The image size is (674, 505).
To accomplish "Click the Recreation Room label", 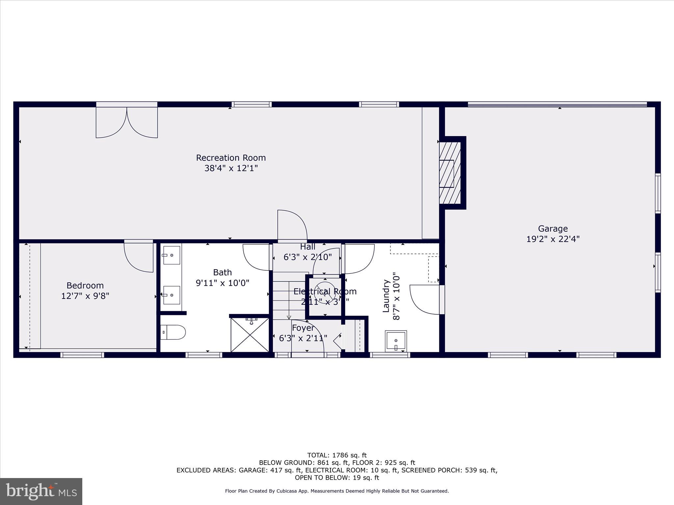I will (x=231, y=158).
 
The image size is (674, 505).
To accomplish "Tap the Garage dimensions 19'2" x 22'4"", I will (x=553, y=239).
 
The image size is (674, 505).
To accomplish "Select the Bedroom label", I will (x=85, y=285).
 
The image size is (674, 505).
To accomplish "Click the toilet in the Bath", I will (x=173, y=332).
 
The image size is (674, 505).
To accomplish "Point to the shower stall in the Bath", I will (x=250, y=335).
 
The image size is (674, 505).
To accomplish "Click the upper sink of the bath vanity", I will (x=171, y=255).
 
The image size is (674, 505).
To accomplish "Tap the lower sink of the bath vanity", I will (x=171, y=295).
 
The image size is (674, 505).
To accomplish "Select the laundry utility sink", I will (x=396, y=341).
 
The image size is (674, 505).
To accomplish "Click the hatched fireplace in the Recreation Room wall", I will (x=450, y=173).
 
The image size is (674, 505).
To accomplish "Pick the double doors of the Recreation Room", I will (x=127, y=122).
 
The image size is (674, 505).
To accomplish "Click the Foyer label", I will (x=303, y=328).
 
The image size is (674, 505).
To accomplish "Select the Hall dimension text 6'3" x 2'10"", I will (x=307, y=257).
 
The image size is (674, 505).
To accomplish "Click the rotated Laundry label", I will (x=386, y=295).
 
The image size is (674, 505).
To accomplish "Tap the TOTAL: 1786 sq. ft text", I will (x=337, y=455).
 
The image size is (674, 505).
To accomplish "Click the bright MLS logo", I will (x=41, y=491).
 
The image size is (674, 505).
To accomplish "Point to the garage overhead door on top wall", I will (x=557, y=105).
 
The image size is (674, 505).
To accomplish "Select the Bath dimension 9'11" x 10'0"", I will (x=222, y=283).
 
